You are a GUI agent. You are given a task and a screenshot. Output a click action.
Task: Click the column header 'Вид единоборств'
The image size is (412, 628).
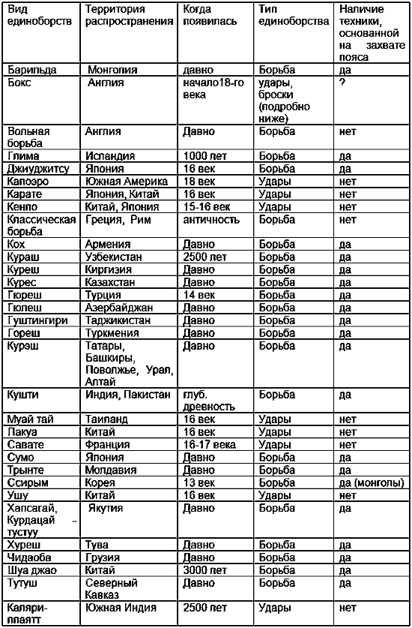point(28,16)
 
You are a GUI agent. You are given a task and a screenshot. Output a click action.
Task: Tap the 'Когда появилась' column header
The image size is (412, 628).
point(210,16)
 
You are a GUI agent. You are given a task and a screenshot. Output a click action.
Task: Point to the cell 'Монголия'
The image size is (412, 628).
point(112,70)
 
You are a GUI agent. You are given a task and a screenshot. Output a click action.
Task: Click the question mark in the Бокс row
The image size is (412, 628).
point(342,82)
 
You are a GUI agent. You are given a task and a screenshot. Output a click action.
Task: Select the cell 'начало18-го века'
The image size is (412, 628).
point(214,87)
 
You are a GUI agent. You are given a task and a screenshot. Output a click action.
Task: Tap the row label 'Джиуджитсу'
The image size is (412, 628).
point(34,168)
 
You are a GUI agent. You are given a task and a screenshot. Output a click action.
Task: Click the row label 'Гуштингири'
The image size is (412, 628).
point(37,320)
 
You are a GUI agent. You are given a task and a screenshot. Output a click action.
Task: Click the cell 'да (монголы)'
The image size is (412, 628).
point(371,482)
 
